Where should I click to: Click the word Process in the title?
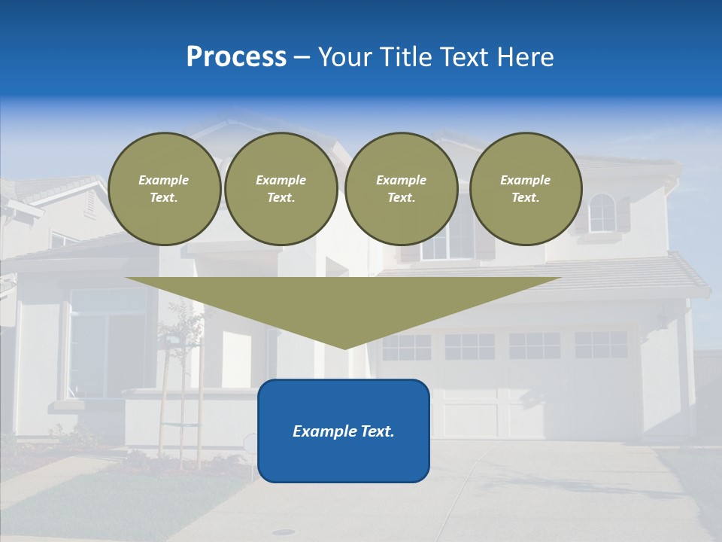click(236, 57)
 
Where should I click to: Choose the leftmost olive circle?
click(164, 189)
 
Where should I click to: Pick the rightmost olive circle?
click(526, 189)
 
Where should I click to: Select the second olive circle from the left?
click(281, 189)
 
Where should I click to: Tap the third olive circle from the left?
click(402, 189)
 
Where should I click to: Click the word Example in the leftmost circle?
click(164, 180)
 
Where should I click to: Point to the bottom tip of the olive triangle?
click(344, 347)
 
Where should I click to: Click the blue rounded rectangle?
click(344, 452)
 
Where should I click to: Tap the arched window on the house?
click(602, 213)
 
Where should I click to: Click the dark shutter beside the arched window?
click(623, 214)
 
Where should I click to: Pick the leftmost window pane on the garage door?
click(406, 347)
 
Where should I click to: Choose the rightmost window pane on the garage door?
click(601, 345)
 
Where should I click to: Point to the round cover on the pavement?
click(284, 532)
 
